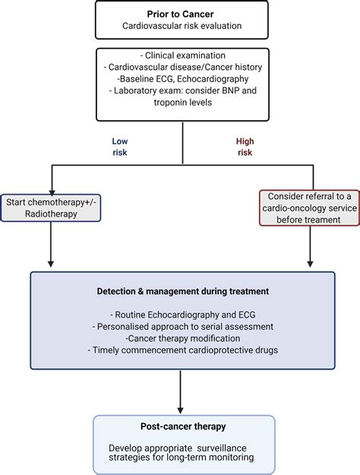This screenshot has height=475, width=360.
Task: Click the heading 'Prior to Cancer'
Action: pyautogui.click(x=181, y=14)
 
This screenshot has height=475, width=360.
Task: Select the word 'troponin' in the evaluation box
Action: pyautogui.click(x=170, y=102)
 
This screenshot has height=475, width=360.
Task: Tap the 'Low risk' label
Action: pyautogui.click(x=120, y=147)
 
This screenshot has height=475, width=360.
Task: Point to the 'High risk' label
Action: pyautogui.click(x=245, y=147)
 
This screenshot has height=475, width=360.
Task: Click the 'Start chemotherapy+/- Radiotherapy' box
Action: pyautogui.click(x=51, y=207)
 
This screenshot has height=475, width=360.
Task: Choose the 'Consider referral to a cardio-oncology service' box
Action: pyautogui.click(x=309, y=207)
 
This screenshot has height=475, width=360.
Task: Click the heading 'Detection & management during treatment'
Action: pyautogui.click(x=183, y=291)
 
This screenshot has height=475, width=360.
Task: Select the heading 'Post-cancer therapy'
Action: pyautogui.click(x=183, y=426)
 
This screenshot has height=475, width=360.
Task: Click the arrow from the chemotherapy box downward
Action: pyautogui.click(x=51, y=245)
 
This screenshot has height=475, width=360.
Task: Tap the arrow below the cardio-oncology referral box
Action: pyautogui.click(x=310, y=246)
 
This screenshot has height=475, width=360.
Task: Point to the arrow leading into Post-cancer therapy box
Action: pyautogui.click(x=181, y=392)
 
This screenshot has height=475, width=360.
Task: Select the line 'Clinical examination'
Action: pyautogui.click(x=183, y=55)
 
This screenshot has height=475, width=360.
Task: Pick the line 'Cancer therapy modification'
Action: pyautogui.click(x=183, y=338)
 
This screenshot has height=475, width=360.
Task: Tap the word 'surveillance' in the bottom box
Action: pyautogui.click(x=226, y=448)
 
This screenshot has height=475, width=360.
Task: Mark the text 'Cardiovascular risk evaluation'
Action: pyautogui.click(x=182, y=26)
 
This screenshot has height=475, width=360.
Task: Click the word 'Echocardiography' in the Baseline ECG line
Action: pyautogui.click(x=213, y=79)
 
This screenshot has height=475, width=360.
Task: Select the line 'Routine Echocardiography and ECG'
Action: pyautogui.click(x=183, y=315)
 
